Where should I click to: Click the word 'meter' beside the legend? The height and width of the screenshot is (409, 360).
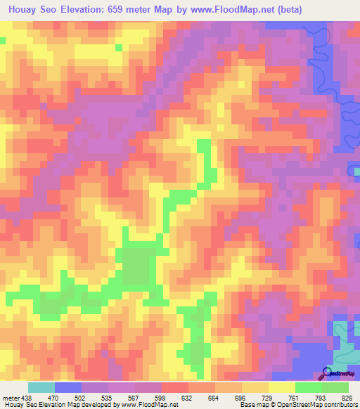[x=10, y=397]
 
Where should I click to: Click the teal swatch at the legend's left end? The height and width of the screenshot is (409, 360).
[x=41, y=387]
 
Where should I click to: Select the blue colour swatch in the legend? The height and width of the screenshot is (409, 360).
[x=68, y=387]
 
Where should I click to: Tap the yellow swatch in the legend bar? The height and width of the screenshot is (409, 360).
[x=282, y=387]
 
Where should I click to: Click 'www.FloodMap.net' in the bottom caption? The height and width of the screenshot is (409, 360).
[x=150, y=405]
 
